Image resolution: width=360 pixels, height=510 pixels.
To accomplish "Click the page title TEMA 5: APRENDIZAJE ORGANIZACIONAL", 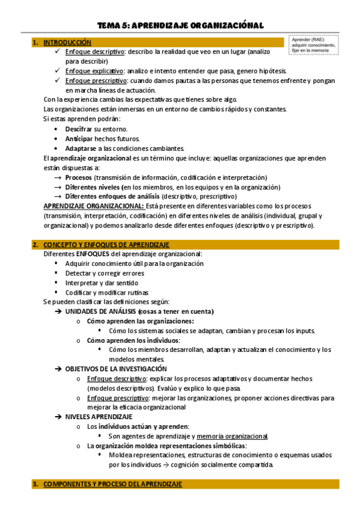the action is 180,25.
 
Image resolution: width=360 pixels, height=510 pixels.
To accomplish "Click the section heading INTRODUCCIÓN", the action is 67,43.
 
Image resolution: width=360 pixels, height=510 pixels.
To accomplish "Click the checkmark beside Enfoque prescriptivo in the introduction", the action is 56,81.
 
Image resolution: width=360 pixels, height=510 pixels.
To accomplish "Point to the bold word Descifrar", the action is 79,129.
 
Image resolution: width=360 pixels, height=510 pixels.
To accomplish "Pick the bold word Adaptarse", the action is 81,149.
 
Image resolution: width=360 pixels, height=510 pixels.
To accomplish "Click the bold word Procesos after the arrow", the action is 79,177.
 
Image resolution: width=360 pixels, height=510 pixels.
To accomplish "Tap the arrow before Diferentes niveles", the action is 58,187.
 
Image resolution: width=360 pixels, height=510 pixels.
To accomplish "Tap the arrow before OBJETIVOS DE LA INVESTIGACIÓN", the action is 58,369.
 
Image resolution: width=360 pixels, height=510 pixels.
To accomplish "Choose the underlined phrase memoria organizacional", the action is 232,436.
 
